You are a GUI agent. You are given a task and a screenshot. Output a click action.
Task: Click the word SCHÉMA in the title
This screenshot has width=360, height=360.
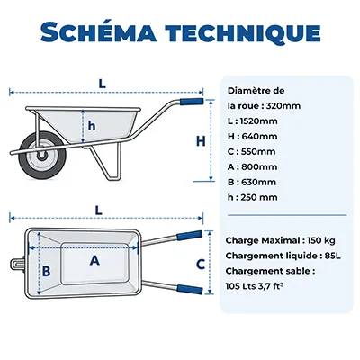pos(99,31)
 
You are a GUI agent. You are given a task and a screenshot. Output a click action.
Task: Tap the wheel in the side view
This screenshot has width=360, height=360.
pos(42,157)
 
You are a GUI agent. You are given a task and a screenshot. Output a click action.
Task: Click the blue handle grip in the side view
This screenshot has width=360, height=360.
pos(192,101)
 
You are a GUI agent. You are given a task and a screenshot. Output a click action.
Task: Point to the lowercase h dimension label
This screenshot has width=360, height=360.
pos(92,126)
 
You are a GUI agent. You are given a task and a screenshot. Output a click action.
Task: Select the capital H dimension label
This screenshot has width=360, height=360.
pos(201,141)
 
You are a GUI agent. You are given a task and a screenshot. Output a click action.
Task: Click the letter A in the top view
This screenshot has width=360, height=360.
pos(94,260)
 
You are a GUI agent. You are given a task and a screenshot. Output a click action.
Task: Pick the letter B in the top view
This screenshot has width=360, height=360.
pos(46,271)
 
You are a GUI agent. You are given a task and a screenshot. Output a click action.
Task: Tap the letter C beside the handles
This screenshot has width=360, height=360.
pos(201,265)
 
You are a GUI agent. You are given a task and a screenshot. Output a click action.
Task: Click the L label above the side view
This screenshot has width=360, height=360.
pos(103,84)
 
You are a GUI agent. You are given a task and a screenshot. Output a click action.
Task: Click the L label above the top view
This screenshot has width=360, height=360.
pos(98,211)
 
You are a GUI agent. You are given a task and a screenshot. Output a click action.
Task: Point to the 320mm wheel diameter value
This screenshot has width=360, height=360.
pos(283,106)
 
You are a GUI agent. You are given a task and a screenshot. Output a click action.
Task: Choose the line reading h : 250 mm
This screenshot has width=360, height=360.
pos(253,197)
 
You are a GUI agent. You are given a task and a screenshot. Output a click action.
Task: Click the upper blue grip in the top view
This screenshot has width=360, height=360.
pos(190,235)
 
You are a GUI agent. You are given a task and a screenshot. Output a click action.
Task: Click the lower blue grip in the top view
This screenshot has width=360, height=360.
pos(190,289)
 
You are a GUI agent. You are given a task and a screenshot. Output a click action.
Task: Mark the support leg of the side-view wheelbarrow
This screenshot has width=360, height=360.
pos(107,162)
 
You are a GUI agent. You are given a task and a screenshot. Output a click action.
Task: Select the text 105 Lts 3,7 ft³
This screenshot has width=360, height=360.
pos(255,286)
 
